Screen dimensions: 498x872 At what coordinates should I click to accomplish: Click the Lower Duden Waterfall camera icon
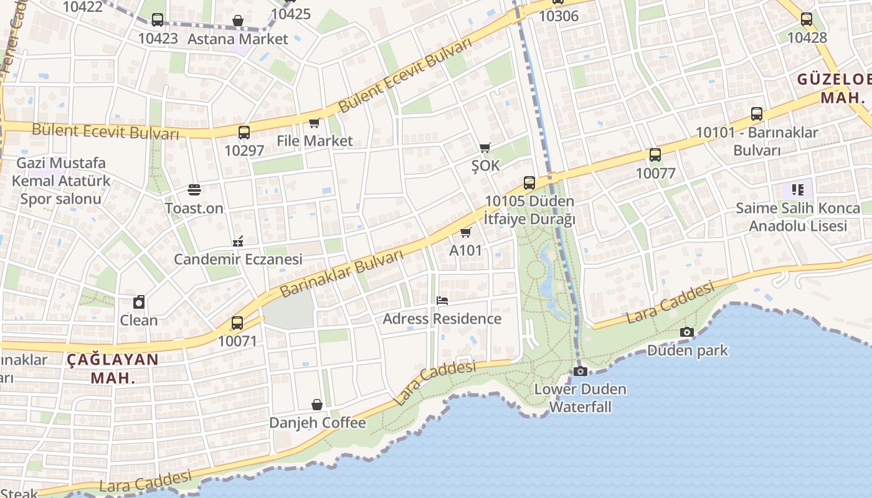(580, 371)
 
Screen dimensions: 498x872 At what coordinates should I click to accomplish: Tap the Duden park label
(687, 350)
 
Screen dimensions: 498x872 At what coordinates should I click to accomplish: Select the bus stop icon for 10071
(237, 323)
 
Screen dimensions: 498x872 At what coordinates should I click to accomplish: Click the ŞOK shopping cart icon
(485, 148)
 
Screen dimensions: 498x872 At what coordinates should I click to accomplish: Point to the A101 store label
(465, 250)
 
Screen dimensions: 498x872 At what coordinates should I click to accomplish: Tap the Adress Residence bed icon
(442, 301)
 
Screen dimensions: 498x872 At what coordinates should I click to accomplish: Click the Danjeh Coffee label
(317, 423)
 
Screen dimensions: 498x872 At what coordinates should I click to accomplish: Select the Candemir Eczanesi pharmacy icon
(237, 241)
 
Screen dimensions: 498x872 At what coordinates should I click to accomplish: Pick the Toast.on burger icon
(194, 190)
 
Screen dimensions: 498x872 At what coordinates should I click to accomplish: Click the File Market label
(315, 141)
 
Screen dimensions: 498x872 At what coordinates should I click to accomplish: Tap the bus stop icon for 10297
(244, 132)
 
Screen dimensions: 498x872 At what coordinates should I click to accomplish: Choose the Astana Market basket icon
(237, 21)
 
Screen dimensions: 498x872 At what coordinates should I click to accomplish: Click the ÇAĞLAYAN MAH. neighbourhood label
(113, 369)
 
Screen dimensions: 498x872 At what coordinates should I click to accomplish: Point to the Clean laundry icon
(139, 303)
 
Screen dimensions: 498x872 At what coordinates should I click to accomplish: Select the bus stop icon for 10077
(655, 155)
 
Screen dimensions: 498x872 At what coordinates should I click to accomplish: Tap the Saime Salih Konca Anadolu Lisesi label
(797, 217)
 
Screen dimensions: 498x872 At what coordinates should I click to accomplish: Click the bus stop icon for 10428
(807, 19)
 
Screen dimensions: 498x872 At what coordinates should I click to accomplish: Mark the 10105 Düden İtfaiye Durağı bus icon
(529, 183)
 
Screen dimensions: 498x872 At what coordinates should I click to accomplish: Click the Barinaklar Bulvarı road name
(341, 273)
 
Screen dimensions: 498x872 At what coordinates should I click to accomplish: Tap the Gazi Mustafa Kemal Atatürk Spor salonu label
(61, 181)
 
